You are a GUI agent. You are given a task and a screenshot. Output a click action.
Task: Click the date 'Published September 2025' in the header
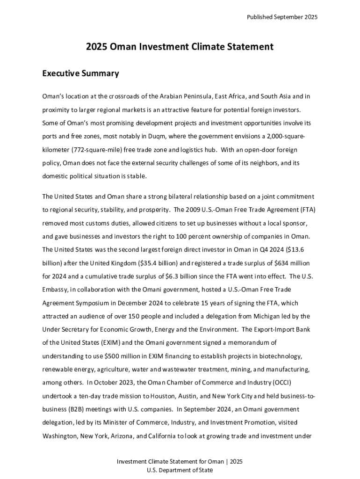click(x=282, y=17)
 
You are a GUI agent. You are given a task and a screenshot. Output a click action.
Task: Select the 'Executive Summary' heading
click(x=80, y=73)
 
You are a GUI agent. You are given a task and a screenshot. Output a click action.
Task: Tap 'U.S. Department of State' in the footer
click(x=180, y=470)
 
